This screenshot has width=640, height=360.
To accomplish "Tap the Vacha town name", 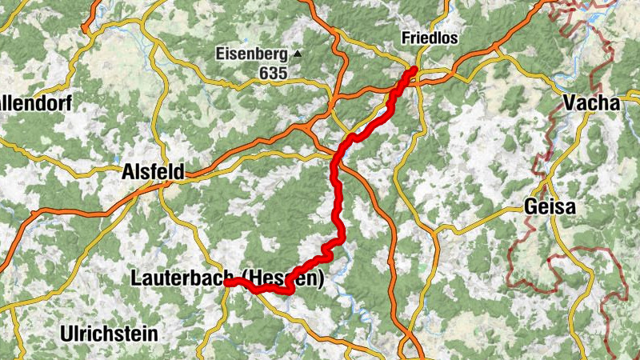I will click(x=591, y=102).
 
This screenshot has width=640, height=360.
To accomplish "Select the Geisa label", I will click(x=550, y=206).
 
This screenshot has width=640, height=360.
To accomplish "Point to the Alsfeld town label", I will click(x=153, y=171).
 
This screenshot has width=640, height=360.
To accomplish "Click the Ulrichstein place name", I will click(x=109, y=333).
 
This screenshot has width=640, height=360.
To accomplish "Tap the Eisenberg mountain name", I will click(x=251, y=54).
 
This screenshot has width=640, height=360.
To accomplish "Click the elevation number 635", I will click(x=273, y=73).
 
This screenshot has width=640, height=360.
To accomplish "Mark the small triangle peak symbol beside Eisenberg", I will click(x=298, y=54).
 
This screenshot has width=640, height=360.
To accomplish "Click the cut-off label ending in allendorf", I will click(x=36, y=103).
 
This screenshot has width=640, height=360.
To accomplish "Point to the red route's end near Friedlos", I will click(x=414, y=71).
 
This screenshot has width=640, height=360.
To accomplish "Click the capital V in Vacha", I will click(x=569, y=102).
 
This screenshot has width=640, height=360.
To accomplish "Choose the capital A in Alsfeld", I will click(x=127, y=171).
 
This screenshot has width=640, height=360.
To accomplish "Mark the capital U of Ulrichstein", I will click(x=66, y=333).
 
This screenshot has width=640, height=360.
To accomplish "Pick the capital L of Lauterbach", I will click(x=134, y=278).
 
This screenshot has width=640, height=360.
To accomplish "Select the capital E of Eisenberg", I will click(x=219, y=54).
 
